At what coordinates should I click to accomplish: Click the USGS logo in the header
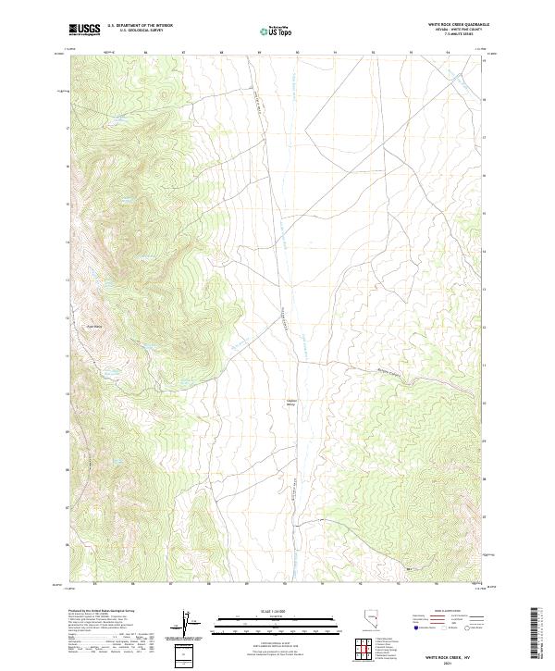[84, 31]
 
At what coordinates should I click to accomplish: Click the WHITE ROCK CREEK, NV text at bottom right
[454, 653]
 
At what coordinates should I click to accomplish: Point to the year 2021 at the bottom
[454, 661]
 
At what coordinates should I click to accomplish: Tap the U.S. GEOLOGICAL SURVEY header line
[140, 31]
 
